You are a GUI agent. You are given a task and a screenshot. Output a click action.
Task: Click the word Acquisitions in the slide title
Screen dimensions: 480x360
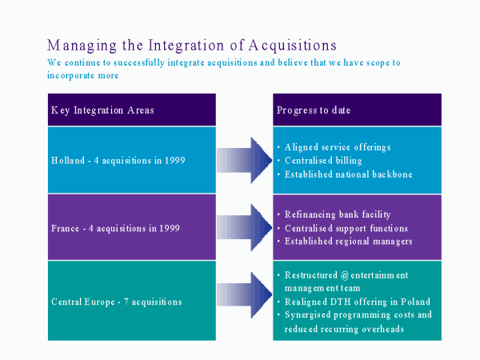pos(292,46)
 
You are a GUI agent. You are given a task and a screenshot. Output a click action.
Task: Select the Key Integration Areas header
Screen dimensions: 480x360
pos(102,110)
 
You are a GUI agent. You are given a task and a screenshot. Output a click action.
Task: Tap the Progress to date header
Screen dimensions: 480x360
pos(314,110)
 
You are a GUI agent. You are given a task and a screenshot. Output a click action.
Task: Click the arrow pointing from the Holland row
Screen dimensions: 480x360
pos(244,160)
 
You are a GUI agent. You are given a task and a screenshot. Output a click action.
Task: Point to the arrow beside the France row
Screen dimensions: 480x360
pos(244,227)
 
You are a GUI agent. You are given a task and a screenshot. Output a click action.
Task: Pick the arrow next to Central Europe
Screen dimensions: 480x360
pos(244,294)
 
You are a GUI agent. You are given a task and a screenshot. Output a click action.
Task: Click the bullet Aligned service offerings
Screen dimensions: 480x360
pos(338,147)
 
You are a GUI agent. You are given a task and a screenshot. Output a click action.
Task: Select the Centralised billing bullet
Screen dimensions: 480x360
pos(323,161)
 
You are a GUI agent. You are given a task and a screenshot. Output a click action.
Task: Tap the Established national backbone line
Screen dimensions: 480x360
pos(348,174)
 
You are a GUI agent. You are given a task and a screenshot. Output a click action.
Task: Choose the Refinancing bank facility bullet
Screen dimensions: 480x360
pos(338,214)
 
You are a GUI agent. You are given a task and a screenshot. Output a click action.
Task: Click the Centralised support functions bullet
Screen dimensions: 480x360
pos(346,228)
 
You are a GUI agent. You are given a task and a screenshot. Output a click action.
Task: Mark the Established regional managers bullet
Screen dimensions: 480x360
pos(348,242)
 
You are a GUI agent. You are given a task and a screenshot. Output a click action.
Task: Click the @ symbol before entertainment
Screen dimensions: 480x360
pos(345,275)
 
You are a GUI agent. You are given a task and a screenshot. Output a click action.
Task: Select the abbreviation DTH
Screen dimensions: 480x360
pos(340,302)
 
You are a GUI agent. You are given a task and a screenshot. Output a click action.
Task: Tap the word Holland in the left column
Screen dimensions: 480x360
pos(68,161)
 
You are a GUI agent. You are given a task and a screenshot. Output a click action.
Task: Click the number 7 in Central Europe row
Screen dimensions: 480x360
pos(126,302)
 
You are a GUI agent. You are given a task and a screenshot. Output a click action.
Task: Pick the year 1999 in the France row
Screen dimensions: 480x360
pos(170,228)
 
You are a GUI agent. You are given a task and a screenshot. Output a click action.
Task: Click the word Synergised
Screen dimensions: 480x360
pos(307,315)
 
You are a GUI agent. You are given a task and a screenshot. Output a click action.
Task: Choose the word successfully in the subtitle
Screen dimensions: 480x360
pos(139,62)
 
